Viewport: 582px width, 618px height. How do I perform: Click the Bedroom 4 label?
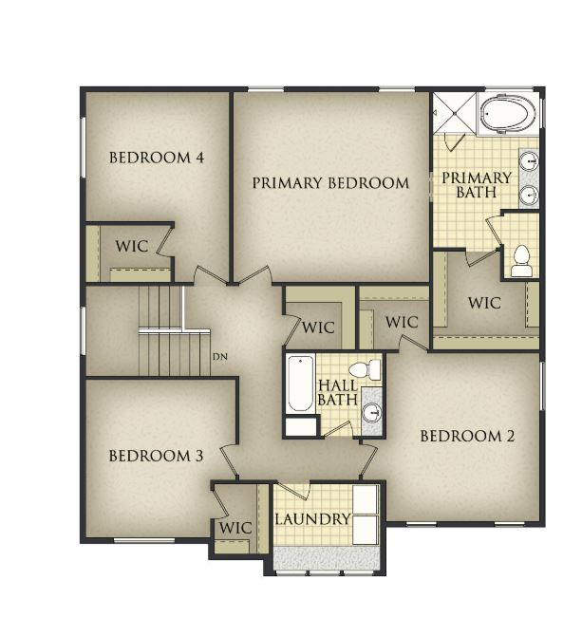(x=157, y=158)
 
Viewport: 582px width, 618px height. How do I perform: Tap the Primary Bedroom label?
(x=330, y=183)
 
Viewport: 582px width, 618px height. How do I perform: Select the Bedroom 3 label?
(x=156, y=456)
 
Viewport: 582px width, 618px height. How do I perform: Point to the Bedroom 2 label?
(x=467, y=437)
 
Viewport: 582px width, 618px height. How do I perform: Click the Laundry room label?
(x=312, y=519)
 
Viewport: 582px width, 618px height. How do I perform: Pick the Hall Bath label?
(x=338, y=393)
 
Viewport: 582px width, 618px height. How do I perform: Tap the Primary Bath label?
(x=477, y=185)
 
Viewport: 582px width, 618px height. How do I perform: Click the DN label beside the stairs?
(x=220, y=357)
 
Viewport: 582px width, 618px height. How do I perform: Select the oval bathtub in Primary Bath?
(x=508, y=114)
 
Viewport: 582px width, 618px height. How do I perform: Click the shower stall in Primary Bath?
(x=455, y=114)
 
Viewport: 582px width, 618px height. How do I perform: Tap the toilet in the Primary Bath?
(x=521, y=261)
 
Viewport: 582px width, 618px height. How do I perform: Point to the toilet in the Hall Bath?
(x=365, y=370)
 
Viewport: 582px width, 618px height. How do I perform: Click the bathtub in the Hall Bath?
(x=300, y=384)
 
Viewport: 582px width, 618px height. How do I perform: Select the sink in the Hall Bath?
(x=372, y=413)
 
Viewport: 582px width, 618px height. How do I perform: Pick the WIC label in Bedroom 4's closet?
(x=132, y=246)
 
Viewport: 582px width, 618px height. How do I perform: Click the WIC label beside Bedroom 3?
(x=235, y=528)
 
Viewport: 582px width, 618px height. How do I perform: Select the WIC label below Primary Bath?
(x=484, y=303)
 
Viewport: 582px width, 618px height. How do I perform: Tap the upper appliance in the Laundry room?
(x=366, y=499)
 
